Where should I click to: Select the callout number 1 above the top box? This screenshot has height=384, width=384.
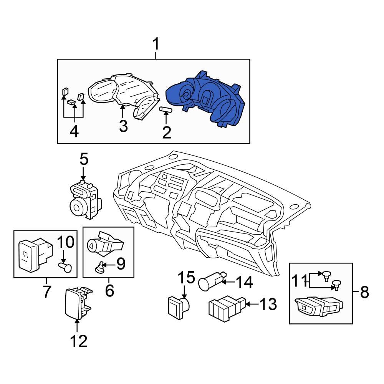point(156,45)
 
